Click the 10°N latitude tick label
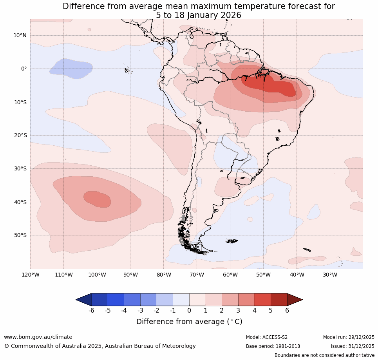[x=20, y=35]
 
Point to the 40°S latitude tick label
[x=20, y=202]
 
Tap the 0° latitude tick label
[x=24, y=69]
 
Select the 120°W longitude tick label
[x=30, y=275]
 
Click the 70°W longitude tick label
[x=197, y=275]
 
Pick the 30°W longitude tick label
[x=330, y=275]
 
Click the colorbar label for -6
[x=91, y=311]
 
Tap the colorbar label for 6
[x=287, y=311]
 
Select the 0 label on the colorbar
[x=189, y=311]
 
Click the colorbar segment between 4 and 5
[x=262, y=300]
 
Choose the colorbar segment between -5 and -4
[x=116, y=300]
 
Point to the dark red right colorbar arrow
[x=295, y=300]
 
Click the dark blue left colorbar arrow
[x=83, y=300]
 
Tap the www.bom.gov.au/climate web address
[x=38, y=337]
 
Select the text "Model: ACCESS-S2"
[x=267, y=337]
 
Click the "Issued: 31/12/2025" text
[x=353, y=346]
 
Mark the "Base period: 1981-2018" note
[x=273, y=346]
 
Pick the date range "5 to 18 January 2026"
[x=199, y=15]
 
